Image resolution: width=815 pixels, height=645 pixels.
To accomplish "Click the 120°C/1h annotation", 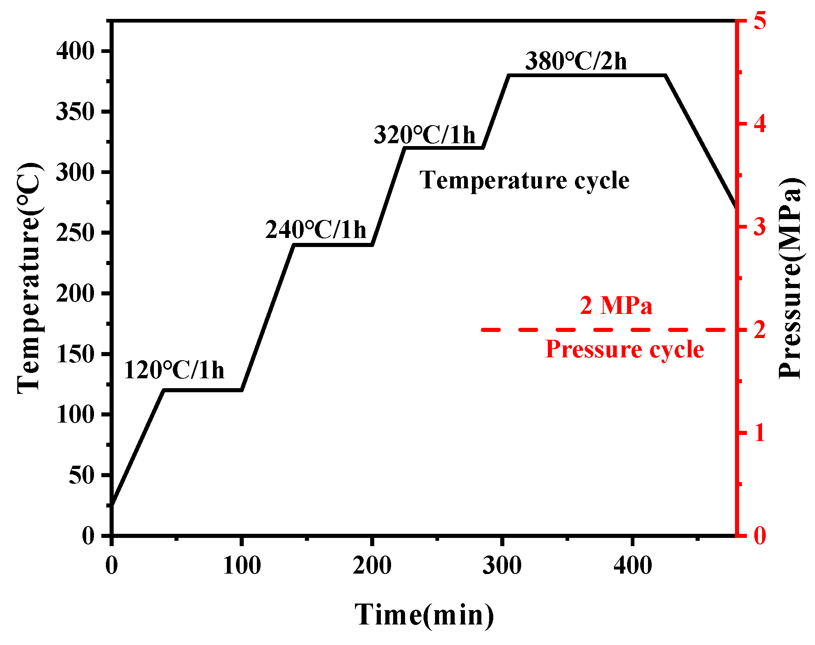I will coord(174,370).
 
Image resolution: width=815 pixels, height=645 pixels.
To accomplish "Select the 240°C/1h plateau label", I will coord(315,229).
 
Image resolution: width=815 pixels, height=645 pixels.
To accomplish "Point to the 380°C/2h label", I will coord(576,61).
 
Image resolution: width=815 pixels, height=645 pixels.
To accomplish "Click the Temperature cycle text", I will coord(524,181).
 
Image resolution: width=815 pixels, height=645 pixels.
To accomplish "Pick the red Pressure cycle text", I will coord(624,349).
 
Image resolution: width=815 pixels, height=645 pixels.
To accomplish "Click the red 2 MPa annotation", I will coord(616,306).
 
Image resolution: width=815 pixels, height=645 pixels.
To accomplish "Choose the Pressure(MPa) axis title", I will coord(790,278).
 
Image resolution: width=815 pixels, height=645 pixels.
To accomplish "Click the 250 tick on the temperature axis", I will coord(75,233).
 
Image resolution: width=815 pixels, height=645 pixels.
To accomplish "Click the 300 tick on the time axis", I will coord(502,565).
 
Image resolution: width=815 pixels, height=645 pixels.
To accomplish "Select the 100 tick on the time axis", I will coord(242,565).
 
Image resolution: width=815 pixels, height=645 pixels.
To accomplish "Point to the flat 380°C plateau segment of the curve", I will coord(587,75).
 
